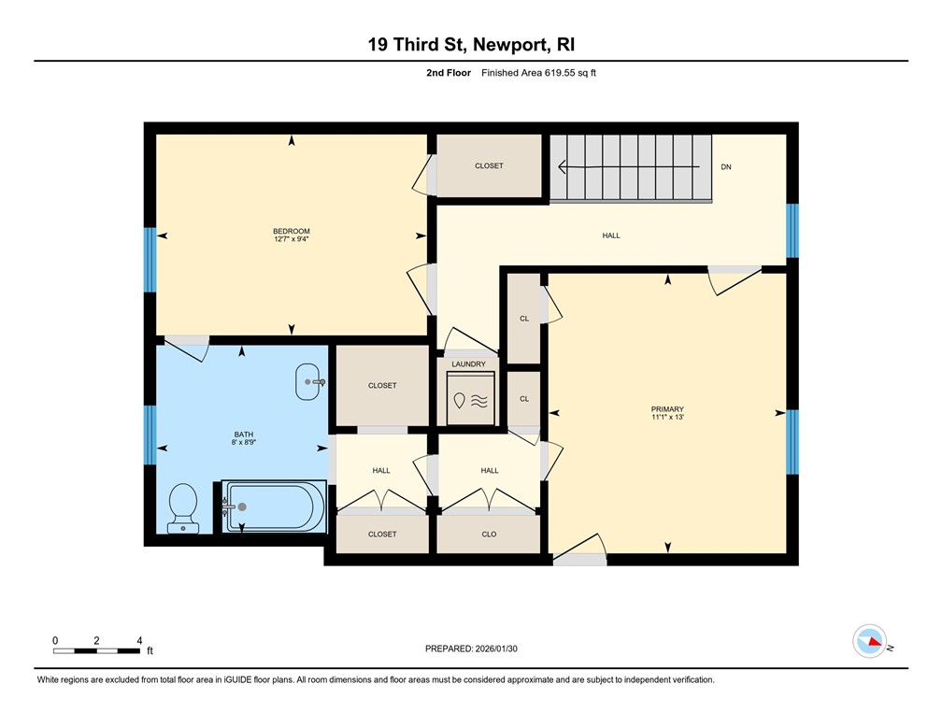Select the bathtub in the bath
pos(273,507)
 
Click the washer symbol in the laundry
pos(470,400)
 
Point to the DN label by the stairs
pos(726,167)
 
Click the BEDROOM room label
pos(291,231)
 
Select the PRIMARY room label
pos(667,408)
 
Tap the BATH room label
pos(243,434)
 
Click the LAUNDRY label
pos(468,363)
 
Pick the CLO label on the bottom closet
pos(489,535)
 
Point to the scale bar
pos(97,649)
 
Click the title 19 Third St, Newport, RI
pos(471,44)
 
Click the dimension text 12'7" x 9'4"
pos(291,239)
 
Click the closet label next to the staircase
pos(489,165)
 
